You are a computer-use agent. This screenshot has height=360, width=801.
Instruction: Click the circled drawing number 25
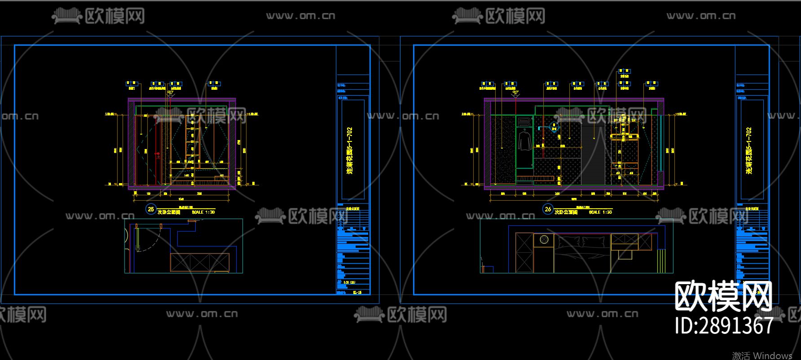pos(151,209)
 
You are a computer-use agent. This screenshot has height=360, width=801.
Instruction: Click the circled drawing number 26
pos(548,209)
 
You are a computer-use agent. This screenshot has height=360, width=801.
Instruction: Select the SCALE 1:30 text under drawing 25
pos(203,212)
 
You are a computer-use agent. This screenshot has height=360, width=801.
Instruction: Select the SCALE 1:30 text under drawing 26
pos(600,212)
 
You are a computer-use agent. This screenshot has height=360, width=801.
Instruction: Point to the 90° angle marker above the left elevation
pos(171,93)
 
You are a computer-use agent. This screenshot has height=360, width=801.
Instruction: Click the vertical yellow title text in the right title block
pos(748,150)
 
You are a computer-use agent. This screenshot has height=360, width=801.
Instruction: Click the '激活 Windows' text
pos(762,356)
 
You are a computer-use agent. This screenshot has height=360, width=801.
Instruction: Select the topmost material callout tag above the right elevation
pos(624,71)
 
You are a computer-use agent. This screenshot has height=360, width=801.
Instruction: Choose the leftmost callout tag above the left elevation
pos(132,83)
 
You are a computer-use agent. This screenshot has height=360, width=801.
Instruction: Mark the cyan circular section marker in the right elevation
pos(555,128)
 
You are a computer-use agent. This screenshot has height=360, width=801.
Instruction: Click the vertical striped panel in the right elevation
pos(593,153)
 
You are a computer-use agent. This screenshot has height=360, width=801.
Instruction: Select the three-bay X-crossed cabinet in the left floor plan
pos(200,262)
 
